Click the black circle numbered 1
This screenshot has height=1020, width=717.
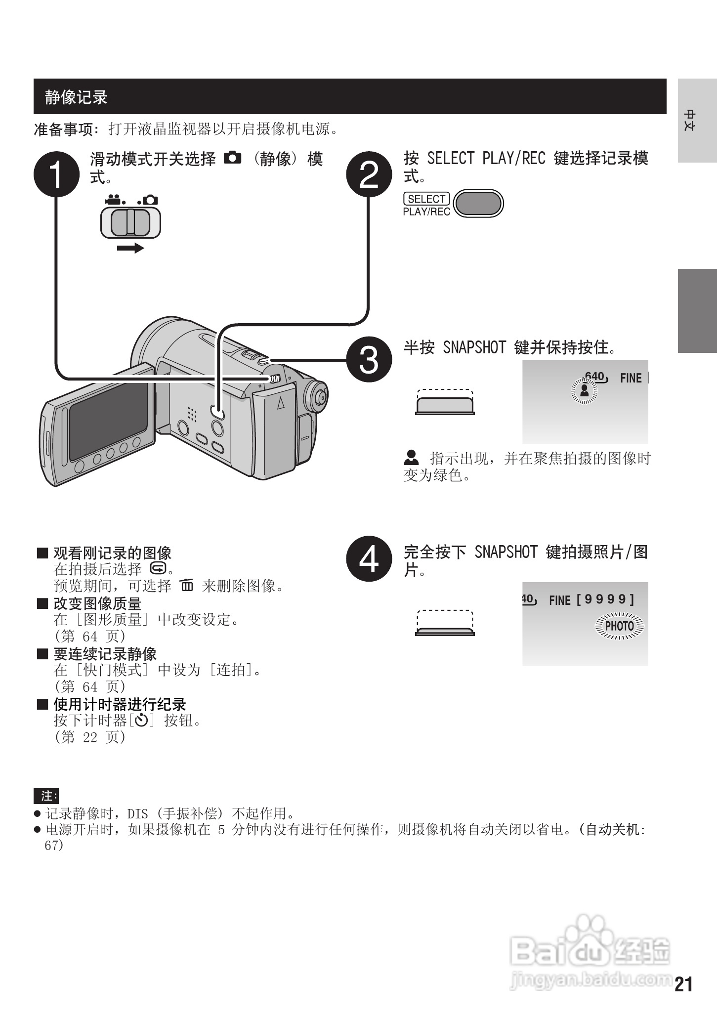pyautogui.click(x=56, y=174)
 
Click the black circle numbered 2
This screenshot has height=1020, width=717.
pyautogui.click(x=369, y=174)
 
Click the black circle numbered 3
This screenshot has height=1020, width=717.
pyautogui.click(x=369, y=359)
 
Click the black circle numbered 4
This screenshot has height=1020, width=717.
pyautogui.click(x=369, y=558)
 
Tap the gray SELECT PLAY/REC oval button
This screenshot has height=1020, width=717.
pyautogui.click(x=478, y=203)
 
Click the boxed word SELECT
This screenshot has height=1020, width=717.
pyautogui.click(x=426, y=199)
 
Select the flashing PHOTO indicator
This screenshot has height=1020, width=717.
pyautogui.click(x=620, y=626)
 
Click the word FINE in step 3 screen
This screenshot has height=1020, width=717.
pyautogui.click(x=631, y=378)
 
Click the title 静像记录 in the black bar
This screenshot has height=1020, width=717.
pyautogui.click(x=76, y=97)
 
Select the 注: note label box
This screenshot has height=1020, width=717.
pyautogui.click(x=46, y=796)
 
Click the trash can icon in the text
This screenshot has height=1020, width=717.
pyautogui.click(x=187, y=586)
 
